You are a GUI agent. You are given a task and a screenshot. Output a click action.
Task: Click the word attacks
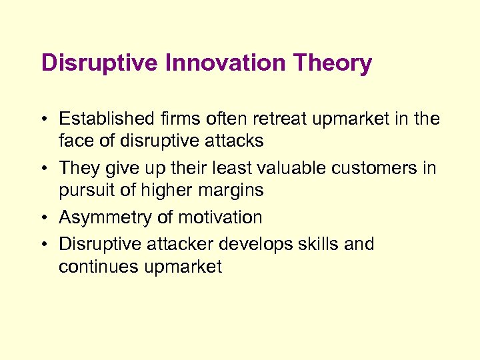click(x=234, y=141)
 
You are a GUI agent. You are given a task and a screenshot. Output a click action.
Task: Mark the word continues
click(x=95, y=267)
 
